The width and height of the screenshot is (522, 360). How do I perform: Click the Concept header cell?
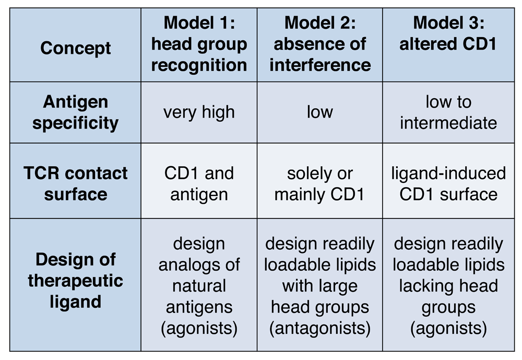click(75, 45)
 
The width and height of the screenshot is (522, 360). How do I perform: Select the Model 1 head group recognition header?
click(199, 45)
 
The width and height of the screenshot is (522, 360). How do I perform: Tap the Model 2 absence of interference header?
click(320, 45)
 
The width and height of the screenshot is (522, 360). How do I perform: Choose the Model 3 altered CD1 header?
click(448, 45)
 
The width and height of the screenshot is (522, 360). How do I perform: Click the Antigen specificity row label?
click(75, 112)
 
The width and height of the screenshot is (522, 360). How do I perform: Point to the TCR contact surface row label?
click(75, 181)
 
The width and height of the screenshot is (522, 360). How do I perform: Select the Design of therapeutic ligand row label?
click(75, 285)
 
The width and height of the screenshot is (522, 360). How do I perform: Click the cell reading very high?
click(199, 112)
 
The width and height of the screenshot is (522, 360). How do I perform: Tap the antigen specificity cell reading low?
click(320, 112)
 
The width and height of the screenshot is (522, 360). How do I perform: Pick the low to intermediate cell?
click(448, 112)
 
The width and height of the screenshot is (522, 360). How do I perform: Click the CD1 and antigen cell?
click(199, 181)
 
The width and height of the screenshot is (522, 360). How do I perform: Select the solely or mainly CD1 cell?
click(320, 181)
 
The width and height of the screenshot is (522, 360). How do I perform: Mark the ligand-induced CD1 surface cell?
click(448, 181)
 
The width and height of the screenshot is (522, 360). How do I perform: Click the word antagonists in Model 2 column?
click(320, 328)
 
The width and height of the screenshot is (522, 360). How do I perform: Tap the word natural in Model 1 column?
click(199, 286)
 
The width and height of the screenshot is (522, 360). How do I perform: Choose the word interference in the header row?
click(320, 65)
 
